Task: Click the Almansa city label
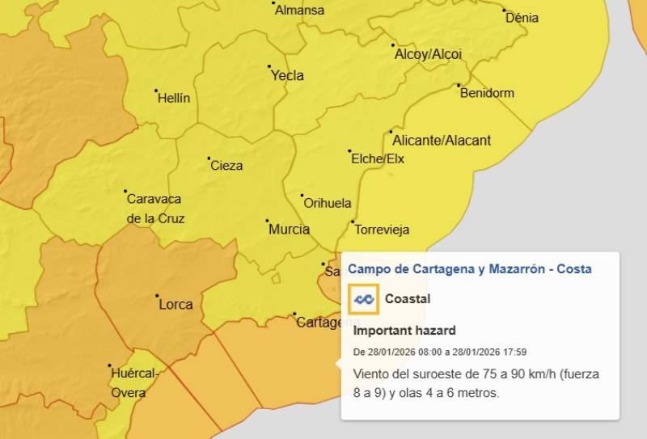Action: click(x=299, y=11)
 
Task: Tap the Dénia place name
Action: click(x=522, y=18)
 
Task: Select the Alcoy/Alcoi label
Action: click(x=428, y=54)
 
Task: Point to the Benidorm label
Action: click(x=487, y=93)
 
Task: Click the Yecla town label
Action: click(x=288, y=75)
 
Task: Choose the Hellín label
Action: click(x=175, y=98)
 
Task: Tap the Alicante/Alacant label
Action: click(x=443, y=141)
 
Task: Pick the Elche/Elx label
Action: click(x=378, y=158)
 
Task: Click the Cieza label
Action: click(x=226, y=166)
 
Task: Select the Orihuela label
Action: click(x=327, y=203)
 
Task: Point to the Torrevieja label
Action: click(x=382, y=230)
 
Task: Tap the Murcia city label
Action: click(x=289, y=229)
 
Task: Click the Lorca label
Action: click(x=175, y=305)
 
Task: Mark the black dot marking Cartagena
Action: click(x=294, y=314)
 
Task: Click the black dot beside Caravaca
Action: click(x=126, y=192)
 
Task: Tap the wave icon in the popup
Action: click(x=363, y=299)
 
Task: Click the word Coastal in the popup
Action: click(x=408, y=299)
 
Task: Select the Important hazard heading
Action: click(x=404, y=331)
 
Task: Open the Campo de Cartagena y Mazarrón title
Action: click(x=469, y=268)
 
